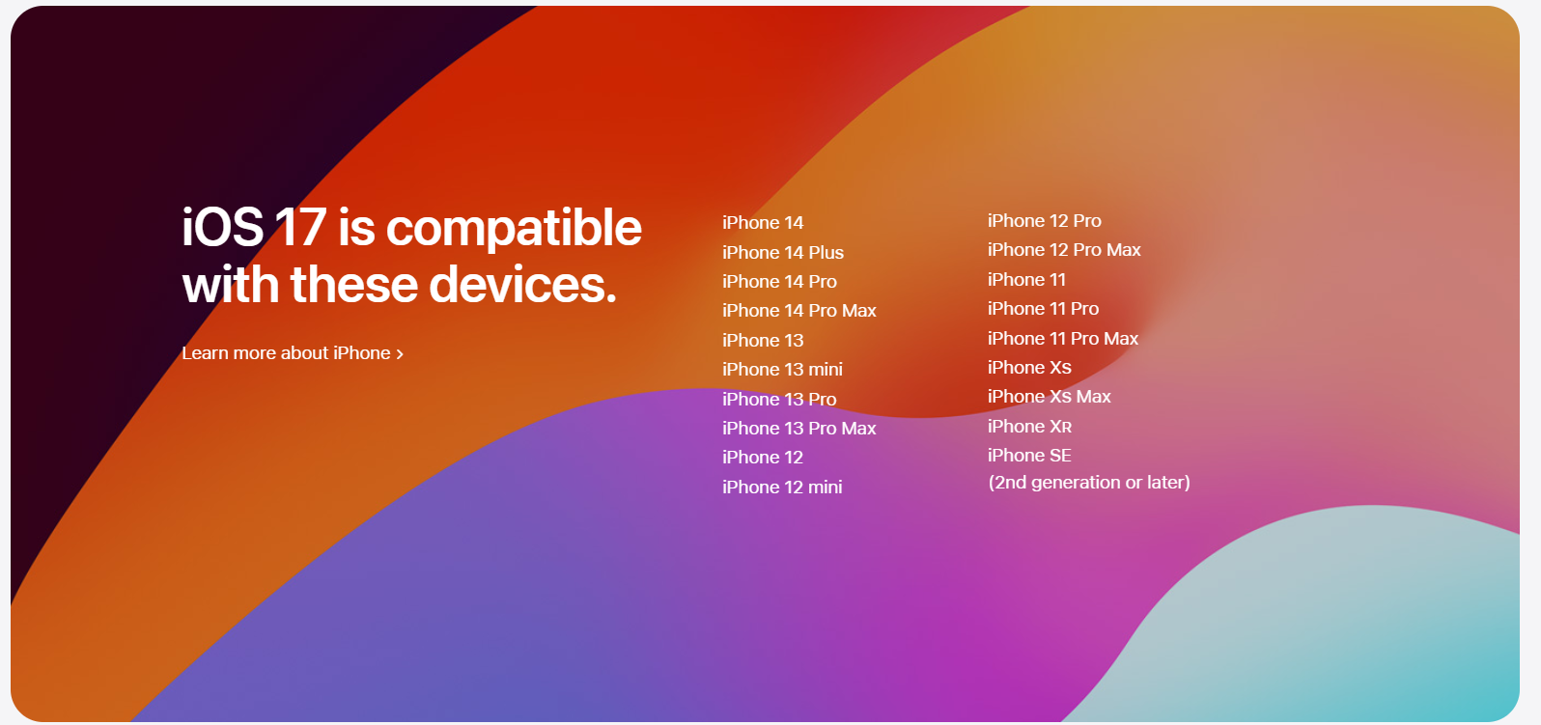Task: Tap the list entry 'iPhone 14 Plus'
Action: click(783, 252)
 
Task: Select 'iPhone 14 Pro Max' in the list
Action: click(799, 311)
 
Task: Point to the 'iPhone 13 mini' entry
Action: click(782, 370)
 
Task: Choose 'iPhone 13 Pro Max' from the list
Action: click(799, 429)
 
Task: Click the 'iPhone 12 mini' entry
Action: click(782, 487)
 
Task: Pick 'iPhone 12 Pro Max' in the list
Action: click(1064, 250)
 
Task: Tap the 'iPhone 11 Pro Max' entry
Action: click(1063, 339)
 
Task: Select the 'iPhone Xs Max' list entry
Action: click(1050, 396)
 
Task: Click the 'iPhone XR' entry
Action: click(1030, 427)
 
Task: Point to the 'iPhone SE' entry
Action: click(1030, 456)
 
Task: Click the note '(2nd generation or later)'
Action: click(1089, 482)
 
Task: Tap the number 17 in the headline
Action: click(300, 227)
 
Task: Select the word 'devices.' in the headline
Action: click(523, 285)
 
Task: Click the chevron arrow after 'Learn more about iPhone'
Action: click(400, 354)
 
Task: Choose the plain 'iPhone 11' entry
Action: click(1026, 280)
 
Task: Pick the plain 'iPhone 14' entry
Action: click(763, 223)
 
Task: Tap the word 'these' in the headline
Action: click(354, 285)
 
